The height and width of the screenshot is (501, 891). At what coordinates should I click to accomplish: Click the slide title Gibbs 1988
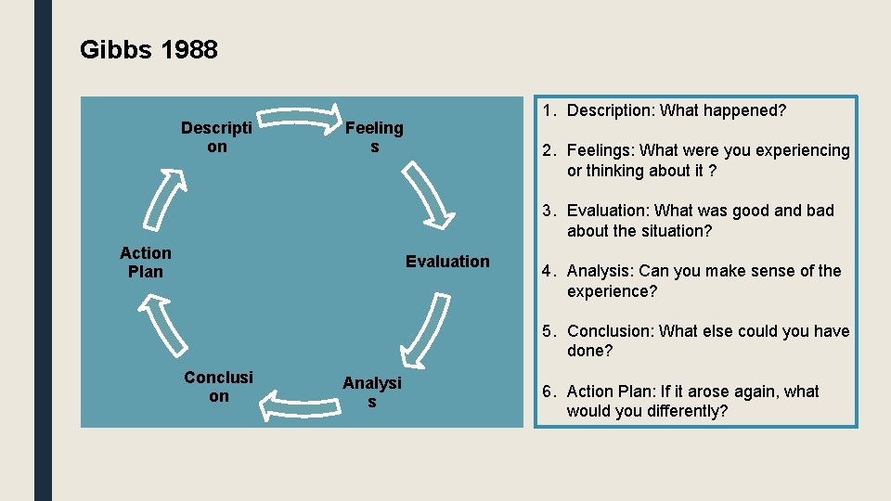[148, 49]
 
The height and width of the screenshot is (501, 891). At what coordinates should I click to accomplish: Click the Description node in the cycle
[216, 137]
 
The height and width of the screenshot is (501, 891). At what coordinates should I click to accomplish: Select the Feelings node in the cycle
[374, 137]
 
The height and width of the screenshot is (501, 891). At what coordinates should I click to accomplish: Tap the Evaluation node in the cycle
[447, 262]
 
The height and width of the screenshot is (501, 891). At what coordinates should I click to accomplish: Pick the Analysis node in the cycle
[372, 392]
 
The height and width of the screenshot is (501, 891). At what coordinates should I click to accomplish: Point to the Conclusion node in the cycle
[218, 386]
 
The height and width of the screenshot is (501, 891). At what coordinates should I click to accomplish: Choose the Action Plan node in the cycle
[146, 263]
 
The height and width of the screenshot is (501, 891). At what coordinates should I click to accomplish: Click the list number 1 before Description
[549, 110]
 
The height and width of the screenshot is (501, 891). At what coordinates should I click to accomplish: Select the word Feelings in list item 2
[600, 150]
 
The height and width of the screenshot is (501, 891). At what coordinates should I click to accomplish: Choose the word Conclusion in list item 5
[608, 331]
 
